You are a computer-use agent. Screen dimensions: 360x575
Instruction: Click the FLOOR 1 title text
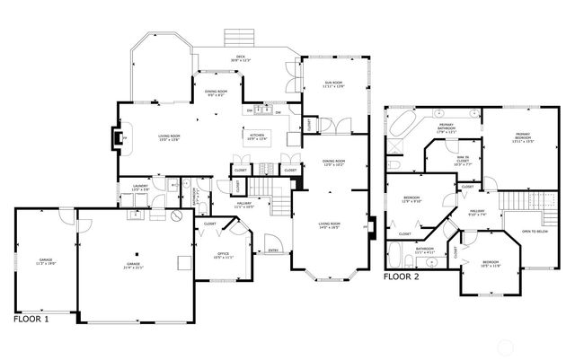coord(31,319)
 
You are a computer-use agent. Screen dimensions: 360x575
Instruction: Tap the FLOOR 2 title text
coord(402,277)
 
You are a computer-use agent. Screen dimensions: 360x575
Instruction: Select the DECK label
coord(241,59)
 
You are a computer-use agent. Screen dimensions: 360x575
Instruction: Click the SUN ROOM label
coord(334,84)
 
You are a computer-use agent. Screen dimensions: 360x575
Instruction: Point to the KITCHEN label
coord(257,136)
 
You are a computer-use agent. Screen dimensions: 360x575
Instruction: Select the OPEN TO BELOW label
coord(535,231)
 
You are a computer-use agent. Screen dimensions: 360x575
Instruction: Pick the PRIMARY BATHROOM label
coord(446,127)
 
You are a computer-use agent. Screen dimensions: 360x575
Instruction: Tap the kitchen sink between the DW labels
coord(260,112)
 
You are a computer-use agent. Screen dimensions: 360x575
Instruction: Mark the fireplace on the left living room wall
coord(117,137)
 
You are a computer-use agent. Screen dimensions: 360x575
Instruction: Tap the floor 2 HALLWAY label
coord(478,214)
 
